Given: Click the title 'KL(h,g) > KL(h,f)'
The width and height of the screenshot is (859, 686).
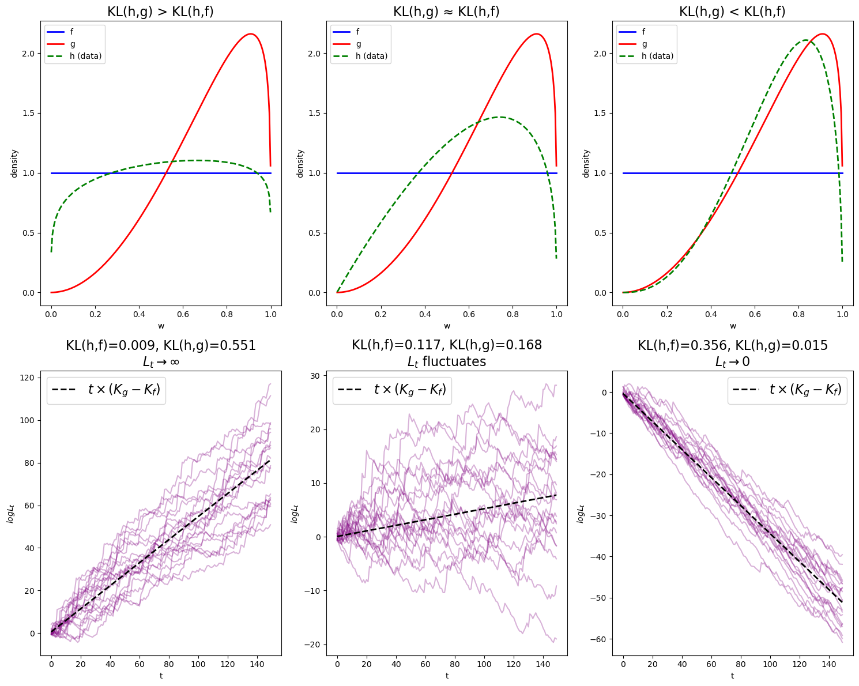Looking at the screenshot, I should coord(160,12).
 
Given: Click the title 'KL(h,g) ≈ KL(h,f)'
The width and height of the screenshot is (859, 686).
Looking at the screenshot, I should coord(446,12).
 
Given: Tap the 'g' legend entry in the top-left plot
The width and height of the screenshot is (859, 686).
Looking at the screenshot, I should coord(73,44).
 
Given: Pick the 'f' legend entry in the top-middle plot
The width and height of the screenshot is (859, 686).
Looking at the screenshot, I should coord(357,32).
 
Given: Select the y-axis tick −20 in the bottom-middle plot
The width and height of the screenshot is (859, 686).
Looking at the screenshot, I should coord(315,644).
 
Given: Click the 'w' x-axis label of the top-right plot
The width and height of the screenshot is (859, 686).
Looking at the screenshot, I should coord(733,326).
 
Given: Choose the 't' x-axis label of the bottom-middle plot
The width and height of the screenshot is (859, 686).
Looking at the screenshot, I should coord(447,676).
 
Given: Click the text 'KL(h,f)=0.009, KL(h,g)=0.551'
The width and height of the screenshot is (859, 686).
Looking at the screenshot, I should coord(160,345).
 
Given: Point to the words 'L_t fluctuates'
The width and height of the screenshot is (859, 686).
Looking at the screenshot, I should coord(446,361).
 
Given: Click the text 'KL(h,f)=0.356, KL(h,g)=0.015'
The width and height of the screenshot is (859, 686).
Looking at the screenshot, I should coord(732,345).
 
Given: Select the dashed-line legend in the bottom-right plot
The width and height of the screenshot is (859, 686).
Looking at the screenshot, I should coord(788,390).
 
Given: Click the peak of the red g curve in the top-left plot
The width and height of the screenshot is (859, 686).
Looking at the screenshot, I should coord(251,34).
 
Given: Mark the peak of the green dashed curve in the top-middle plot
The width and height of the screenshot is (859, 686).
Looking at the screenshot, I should coord(500,117).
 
